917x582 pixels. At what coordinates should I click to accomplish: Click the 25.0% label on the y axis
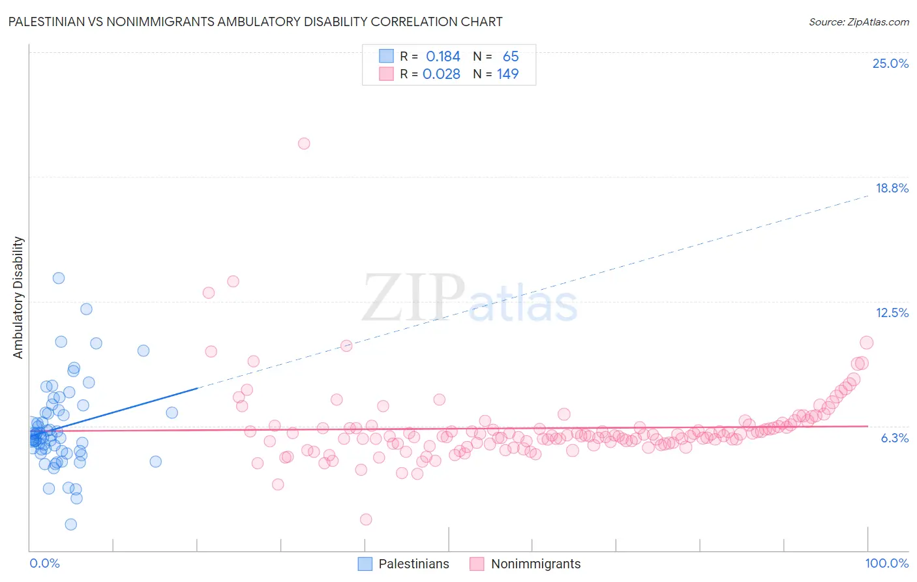890,63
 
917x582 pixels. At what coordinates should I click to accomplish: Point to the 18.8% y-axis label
892,188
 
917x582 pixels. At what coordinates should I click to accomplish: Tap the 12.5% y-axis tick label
892,313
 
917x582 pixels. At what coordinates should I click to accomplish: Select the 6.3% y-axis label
894,438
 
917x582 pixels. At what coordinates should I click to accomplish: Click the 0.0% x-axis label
44,563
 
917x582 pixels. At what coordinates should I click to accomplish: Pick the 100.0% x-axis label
886,563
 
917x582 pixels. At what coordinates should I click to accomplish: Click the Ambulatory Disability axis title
18,298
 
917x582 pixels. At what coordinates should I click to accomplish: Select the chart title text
255,22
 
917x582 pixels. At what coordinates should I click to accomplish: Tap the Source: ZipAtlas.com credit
858,22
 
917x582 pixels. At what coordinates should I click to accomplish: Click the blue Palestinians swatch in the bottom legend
365,564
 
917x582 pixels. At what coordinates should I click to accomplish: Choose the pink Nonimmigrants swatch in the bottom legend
477,564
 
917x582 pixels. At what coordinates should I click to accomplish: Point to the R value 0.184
443,57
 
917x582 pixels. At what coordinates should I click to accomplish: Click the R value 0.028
442,74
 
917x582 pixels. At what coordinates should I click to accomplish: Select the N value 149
507,74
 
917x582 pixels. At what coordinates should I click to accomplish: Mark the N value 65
510,57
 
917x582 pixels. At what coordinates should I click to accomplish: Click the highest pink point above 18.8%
304,144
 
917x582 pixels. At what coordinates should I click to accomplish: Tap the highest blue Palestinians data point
59,278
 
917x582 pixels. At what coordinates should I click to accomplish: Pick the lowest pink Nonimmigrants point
366,519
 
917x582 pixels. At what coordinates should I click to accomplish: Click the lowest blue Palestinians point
71,525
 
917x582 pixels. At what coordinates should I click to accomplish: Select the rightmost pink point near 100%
866,343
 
